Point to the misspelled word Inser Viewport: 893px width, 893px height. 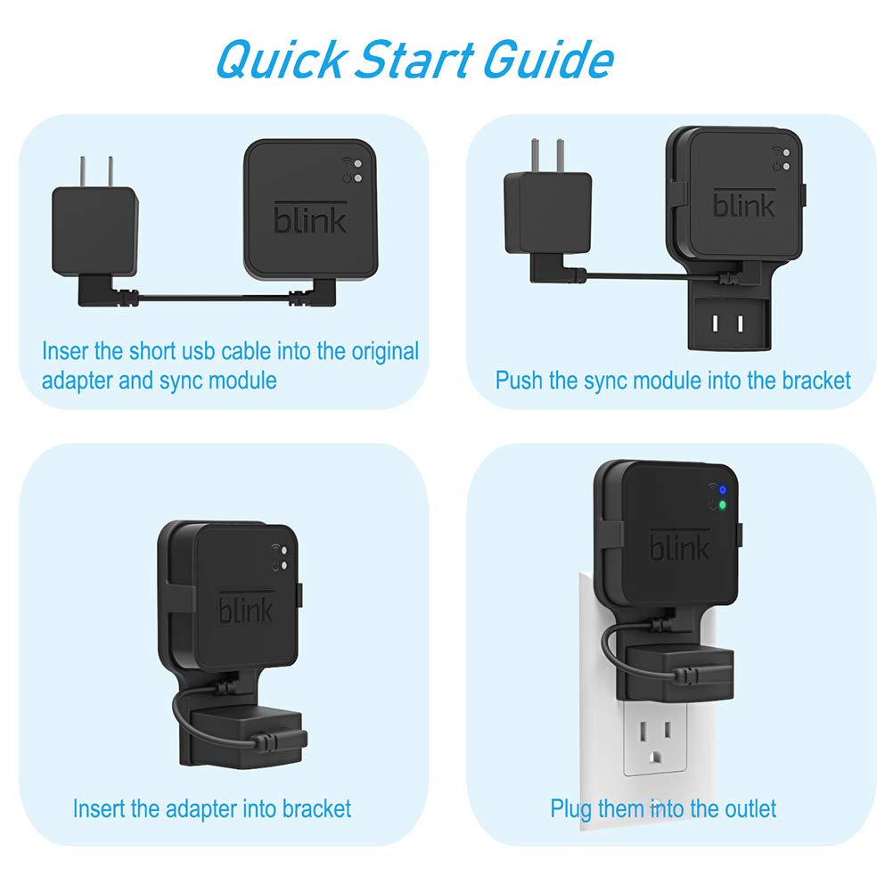(65, 351)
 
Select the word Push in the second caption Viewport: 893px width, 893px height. (516, 381)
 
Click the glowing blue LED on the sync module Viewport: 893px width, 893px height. (723, 490)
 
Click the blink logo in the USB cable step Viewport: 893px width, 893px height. (310, 217)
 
